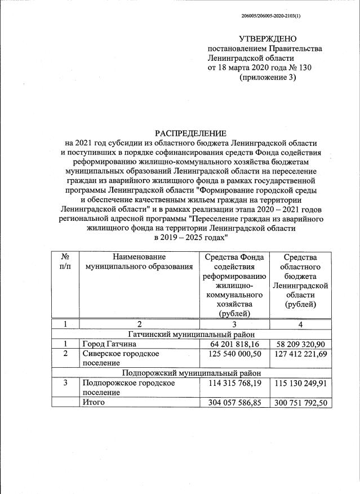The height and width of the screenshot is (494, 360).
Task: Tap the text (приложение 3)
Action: pyautogui.click(x=267, y=78)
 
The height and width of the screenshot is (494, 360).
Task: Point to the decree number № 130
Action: pyautogui.click(x=300, y=68)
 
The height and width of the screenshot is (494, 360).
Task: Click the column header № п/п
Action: pyautogui.click(x=66, y=261)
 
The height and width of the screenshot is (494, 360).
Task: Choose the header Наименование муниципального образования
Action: pyautogui.click(x=139, y=261)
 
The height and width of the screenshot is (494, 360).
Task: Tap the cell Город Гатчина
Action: pyautogui.click(x=109, y=344)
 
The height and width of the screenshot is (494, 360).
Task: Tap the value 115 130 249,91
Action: pyautogui.click(x=301, y=383)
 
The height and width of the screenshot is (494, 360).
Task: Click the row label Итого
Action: pyautogui.click(x=94, y=403)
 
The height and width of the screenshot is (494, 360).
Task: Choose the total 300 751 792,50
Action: pyautogui.click(x=301, y=403)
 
